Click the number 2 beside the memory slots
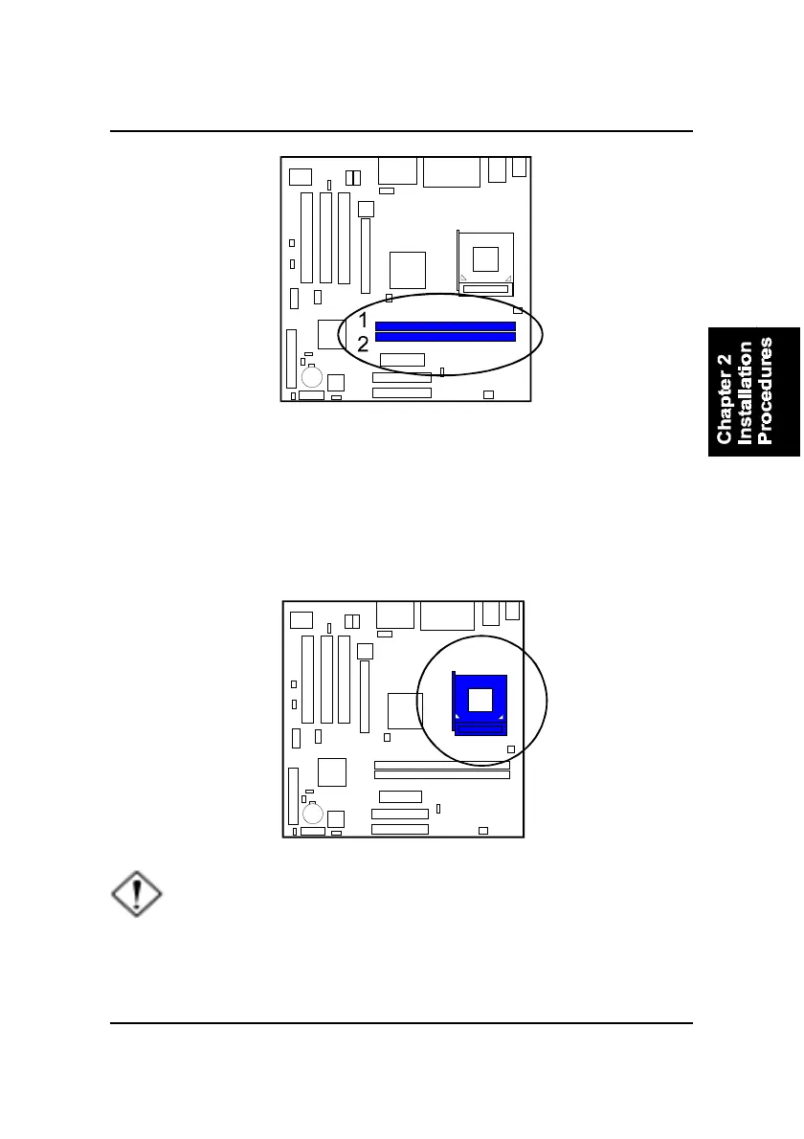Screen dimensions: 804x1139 pos(363,345)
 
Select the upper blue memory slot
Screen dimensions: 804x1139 pos(445,326)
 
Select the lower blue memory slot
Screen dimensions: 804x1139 pos(445,337)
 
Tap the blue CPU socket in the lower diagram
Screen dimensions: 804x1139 pos(480,704)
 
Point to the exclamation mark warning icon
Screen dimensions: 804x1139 pos(137,897)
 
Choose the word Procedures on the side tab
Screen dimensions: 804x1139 pos(765,390)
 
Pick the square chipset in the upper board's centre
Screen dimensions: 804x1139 pos(407,269)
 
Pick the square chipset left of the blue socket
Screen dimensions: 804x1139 pos(405,711)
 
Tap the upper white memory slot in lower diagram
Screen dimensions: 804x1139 pos(441,765)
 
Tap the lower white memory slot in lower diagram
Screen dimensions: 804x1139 pos(441,775)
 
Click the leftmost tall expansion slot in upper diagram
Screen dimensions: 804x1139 pos(306,237)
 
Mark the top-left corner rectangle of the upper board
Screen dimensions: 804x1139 pos(300,176)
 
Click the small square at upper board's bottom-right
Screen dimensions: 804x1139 pos(488,394)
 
